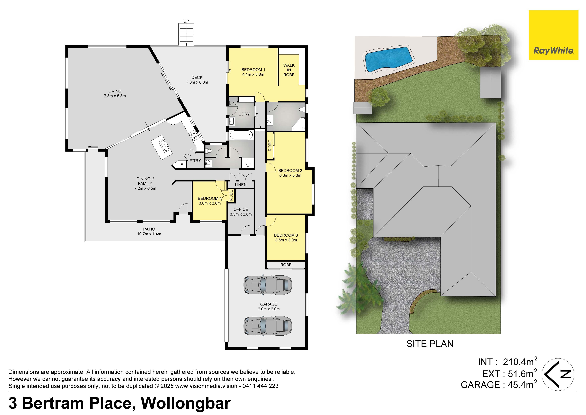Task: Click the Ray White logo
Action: pos(553,35)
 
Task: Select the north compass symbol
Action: pos(559,374)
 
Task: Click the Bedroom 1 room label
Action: pos(253,72)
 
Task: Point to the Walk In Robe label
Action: pos(289,70)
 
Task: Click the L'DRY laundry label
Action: pos(244,114)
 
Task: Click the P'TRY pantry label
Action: pos(195,161)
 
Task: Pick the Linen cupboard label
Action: pos(241,184)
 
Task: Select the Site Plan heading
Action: pos(430,344)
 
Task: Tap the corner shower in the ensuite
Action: pos(299,124)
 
